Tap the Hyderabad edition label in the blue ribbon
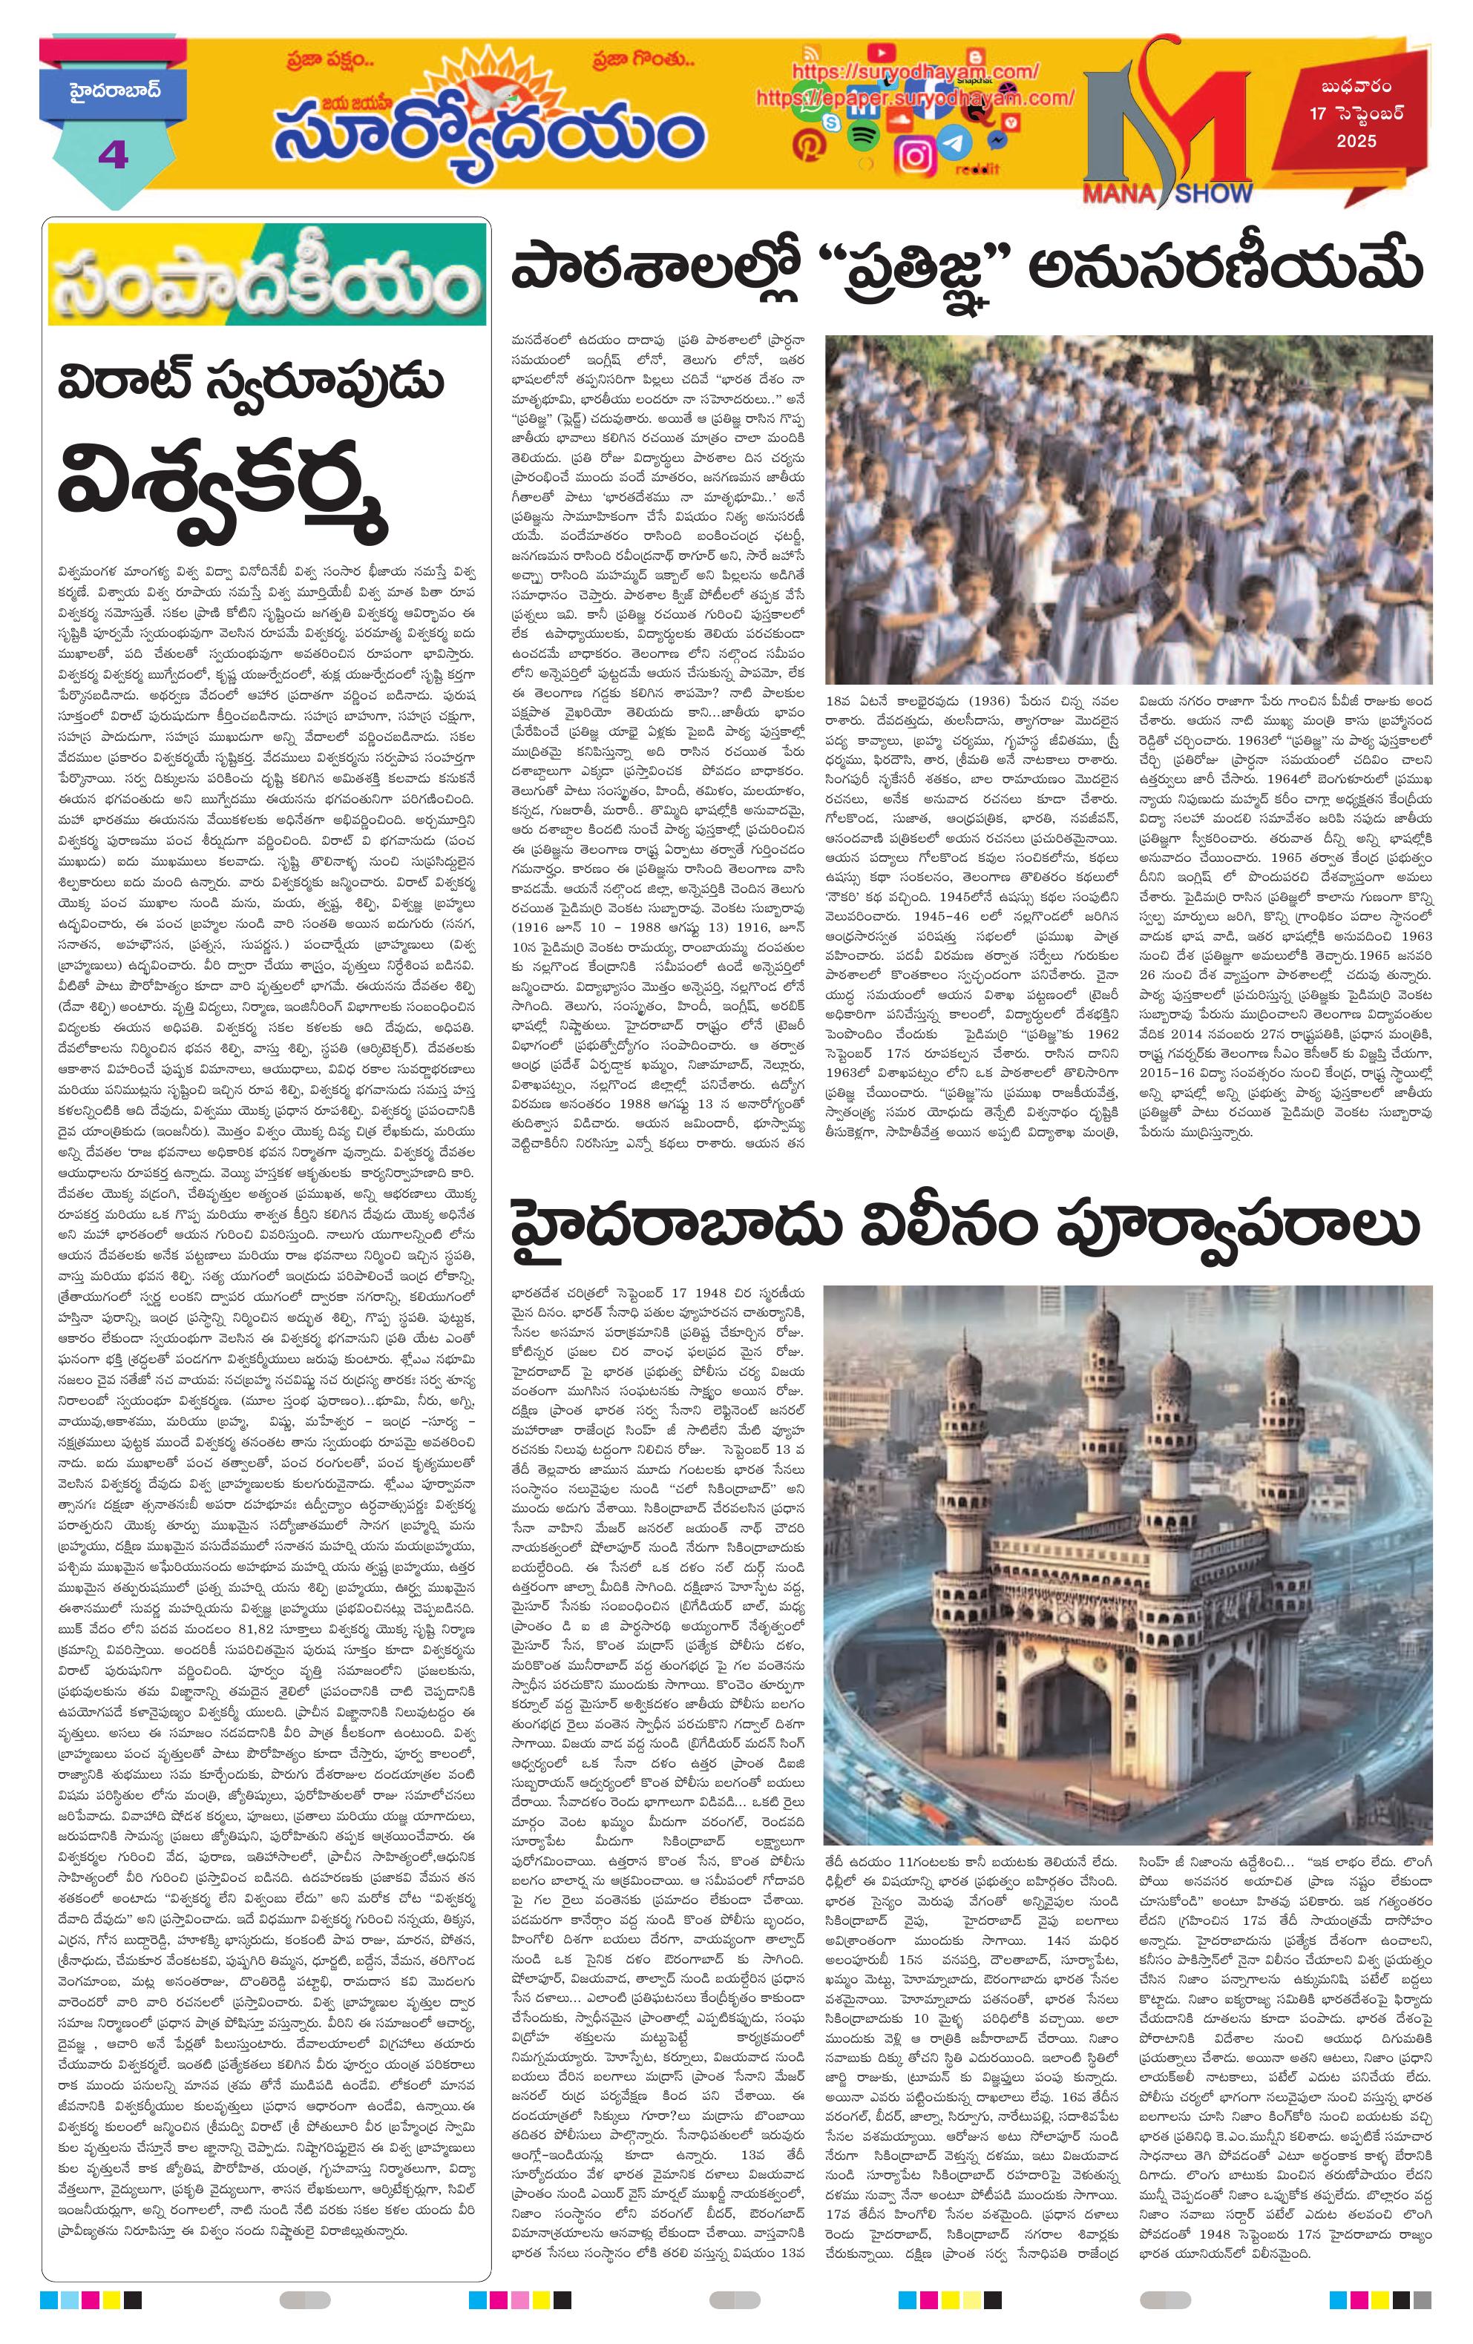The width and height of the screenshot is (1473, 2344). click(114, 94)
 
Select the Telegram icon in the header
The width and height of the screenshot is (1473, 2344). click(957, 143)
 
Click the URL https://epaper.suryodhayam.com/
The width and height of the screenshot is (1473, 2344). click(914, 99)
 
